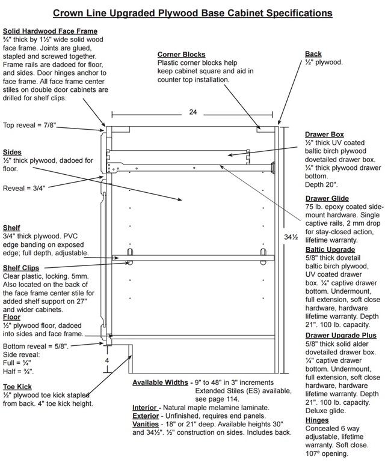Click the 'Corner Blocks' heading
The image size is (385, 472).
click(181, 55)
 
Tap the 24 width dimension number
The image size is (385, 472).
click(193, 112)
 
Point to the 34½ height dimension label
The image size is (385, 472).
click(291, 237)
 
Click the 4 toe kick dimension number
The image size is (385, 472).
click(107, 360)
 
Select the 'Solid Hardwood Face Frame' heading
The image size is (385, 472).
click(50, 31)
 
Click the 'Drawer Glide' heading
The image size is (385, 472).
click(327, 198)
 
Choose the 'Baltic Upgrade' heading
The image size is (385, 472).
click(330, 250)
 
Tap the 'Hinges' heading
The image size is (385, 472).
click(317, 420)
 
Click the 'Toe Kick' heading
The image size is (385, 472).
click(17, 387)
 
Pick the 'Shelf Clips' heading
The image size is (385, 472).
click(21, 268)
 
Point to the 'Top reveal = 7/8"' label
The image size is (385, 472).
click(29, 126)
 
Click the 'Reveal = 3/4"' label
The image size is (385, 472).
click(24, 189)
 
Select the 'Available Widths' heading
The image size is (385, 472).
click(160, 383)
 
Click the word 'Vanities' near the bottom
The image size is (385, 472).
click(146, 424)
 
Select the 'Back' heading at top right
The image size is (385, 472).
click(313, 54)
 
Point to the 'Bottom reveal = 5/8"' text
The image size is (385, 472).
click(35, 346)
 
